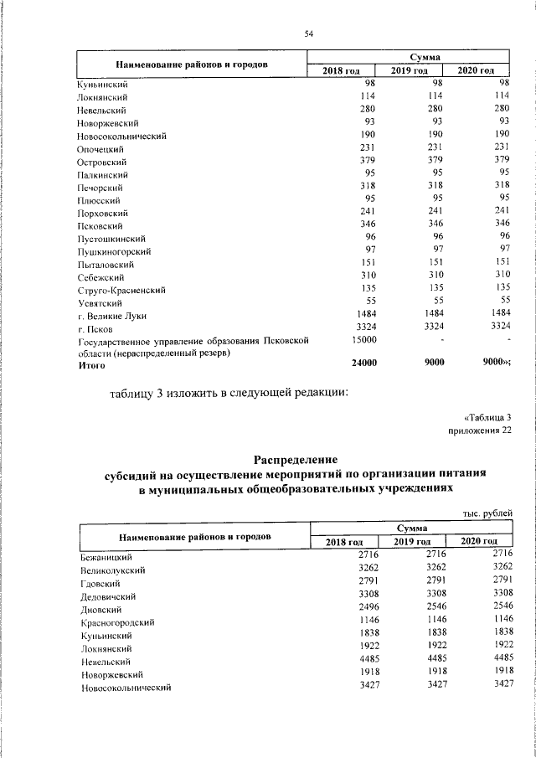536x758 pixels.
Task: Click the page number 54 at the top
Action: (308, 34)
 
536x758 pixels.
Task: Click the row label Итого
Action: (91, 365)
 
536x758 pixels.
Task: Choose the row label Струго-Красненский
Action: (121, 290)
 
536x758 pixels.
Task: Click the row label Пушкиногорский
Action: (114, 251)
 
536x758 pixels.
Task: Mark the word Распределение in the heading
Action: (295, 459)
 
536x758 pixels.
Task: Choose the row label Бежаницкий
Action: (106, 557)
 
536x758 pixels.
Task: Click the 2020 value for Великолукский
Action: (496, 569)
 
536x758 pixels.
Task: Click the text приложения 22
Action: (480, 431)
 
